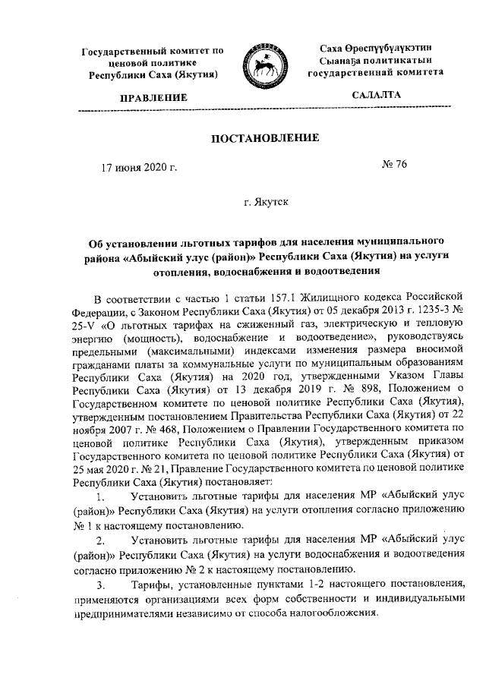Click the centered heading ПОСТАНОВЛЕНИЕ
249,138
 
